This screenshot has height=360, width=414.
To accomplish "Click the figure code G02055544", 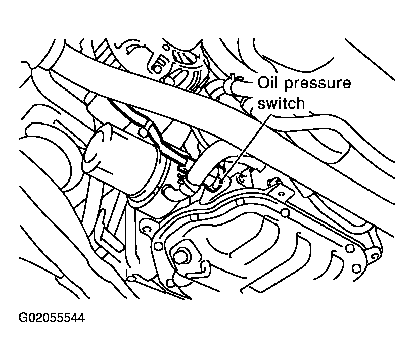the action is [x=52, y=318].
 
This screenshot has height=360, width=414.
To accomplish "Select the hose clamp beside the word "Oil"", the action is [x=233, y=82].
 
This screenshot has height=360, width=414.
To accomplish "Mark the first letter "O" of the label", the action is [x=262, y=83].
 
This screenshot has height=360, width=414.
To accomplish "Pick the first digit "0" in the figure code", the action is [x=31, y=318].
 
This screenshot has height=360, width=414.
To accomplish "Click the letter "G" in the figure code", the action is [x=23, y=318].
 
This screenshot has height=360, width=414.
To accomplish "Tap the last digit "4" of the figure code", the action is [x=81, y=318].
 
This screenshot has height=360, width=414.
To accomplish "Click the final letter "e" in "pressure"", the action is [x=347, y=84].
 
